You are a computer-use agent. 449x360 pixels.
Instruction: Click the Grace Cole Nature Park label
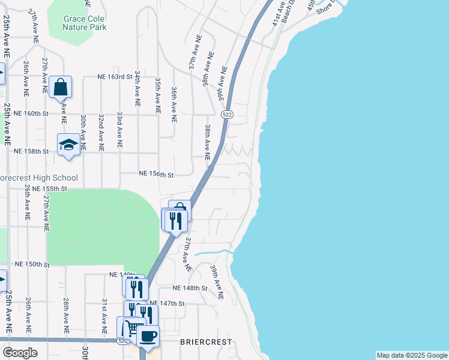85,23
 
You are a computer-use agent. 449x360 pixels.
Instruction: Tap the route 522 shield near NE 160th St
227,114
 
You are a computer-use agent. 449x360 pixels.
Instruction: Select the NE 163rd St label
115,77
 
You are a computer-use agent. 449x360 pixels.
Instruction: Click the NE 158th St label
31,151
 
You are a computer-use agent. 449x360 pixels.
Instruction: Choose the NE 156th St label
156,175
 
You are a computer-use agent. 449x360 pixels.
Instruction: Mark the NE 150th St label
31,264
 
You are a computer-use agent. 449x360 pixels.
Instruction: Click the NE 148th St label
190,289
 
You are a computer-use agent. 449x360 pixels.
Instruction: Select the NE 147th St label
168,304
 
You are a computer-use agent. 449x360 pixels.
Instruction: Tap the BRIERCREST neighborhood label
206,341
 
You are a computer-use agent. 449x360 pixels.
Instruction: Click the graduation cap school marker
68,145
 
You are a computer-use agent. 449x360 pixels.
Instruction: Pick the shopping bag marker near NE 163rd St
61,88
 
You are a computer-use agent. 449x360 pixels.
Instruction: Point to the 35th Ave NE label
158,95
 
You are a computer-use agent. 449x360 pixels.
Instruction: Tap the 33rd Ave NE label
119,130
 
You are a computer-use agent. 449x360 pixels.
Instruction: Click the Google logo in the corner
19,353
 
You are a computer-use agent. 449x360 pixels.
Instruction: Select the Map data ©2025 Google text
412,355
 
